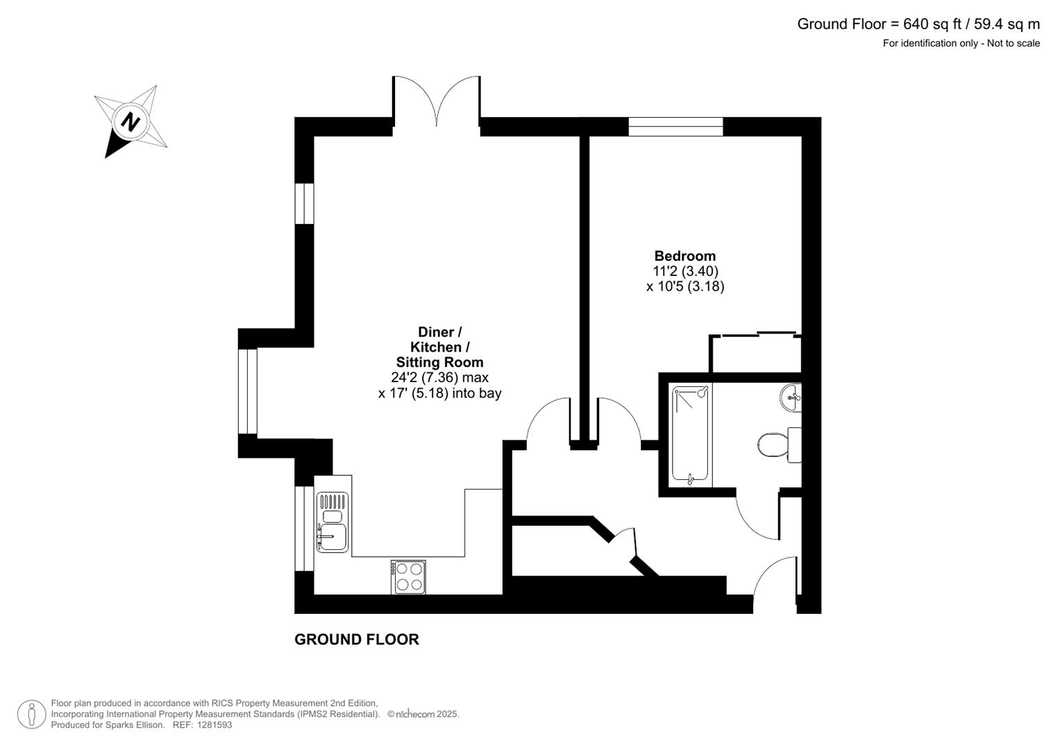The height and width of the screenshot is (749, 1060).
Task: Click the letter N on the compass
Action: [130, 122]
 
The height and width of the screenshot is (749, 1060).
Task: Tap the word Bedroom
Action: [684, 256]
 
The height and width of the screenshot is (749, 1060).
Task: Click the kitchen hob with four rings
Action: [408, 577]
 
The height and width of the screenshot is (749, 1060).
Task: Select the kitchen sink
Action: [333, 522]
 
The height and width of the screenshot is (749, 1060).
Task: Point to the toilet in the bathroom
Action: [779, 445]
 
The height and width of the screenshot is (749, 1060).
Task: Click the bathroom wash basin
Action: [790, 397]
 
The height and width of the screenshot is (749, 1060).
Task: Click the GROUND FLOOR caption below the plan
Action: [356, 639]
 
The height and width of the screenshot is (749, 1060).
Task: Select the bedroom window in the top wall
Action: [675, 127]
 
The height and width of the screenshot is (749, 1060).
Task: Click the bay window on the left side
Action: [248, 391]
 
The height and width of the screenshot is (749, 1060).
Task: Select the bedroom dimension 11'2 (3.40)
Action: [685, 271]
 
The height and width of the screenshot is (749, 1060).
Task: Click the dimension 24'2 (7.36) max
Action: [439, 377]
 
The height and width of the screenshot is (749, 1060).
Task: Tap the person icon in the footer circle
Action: [32, 714]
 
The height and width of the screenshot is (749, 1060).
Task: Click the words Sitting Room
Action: [439, 362]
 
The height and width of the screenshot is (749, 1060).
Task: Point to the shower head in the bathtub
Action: [703, 392]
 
